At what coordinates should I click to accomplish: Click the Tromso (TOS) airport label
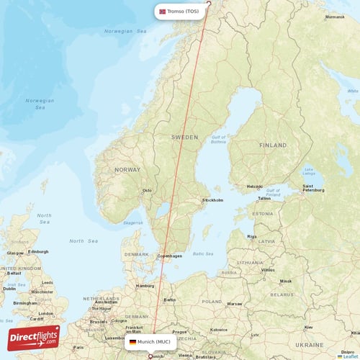(x=184, y=12)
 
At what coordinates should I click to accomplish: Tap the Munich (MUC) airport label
(x=153, y=342)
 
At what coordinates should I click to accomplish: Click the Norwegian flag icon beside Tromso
(x=162, y=12)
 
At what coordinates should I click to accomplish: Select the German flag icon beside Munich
(x=132, y=342)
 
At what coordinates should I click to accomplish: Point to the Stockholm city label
(x=213, y=199)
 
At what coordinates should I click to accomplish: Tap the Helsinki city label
(x=254, y=186)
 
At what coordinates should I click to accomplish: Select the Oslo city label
(x=147, y=191)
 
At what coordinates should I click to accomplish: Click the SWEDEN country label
(x=184, y=136)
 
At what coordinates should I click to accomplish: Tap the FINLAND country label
(x=273, y=145)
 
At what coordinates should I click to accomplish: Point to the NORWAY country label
(x=127, y=169)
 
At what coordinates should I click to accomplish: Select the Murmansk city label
(x=335, y=17)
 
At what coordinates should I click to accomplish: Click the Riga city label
(x=251, y=235)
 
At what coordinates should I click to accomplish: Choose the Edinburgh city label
(x=38, y=251)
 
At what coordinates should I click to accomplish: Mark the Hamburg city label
(x=144, y=286)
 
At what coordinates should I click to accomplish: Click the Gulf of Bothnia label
(x=220, y=140)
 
